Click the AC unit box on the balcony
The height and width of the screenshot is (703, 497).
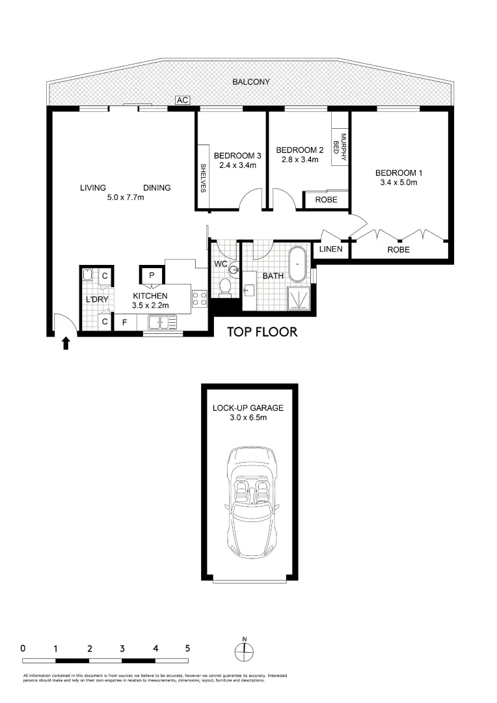click(182, 100)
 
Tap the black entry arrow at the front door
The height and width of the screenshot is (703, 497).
click(66, 344)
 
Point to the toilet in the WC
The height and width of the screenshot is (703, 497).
click(225, 287)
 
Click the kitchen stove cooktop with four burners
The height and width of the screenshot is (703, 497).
click(200, 299)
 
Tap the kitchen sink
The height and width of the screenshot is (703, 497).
click(162, 322)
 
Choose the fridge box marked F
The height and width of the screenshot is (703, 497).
click(125, 323)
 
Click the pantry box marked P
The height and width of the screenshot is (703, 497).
click(152, 275)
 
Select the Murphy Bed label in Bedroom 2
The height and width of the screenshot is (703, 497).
click(340, 147)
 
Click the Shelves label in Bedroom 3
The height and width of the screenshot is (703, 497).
click(203, 178)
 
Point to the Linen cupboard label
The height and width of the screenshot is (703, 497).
click(330, 249)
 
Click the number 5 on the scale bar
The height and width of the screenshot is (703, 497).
click(188, 648)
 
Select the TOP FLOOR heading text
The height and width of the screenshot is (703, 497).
click(262, 332)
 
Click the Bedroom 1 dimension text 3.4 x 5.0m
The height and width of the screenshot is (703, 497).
click(398, 182)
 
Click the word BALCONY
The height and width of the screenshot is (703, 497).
click(251, 82)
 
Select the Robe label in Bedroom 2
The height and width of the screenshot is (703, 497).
click(327, 200)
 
